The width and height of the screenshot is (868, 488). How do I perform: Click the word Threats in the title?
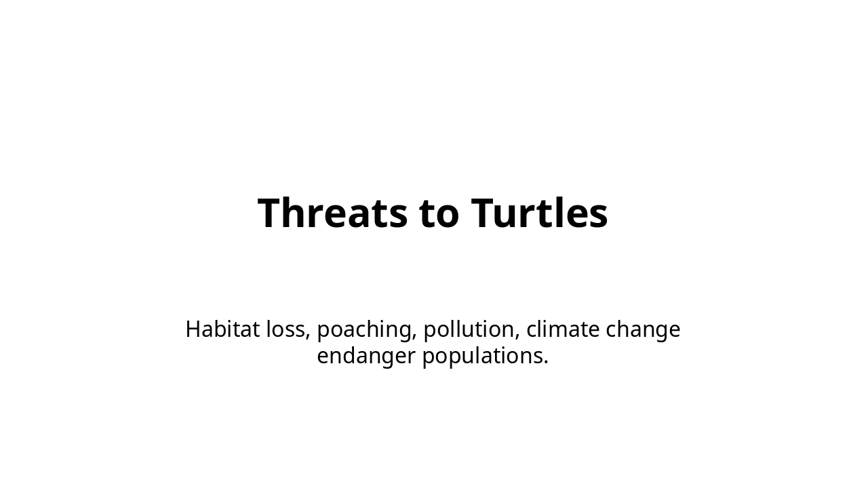point(332,213)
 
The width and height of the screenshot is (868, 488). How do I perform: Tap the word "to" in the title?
point(439,215)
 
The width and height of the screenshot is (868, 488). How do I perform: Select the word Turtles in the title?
point(539,213)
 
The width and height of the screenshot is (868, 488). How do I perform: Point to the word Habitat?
point(222,329)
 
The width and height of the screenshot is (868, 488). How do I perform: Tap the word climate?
point(563,329)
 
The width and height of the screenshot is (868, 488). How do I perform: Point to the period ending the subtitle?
point(546,363)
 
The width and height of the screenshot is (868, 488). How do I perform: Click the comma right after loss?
point(308,338)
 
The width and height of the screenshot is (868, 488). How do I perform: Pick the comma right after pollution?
point(517,338)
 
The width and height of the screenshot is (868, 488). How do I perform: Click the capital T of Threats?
point(271,213)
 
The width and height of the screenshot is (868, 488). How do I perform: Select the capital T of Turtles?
point(484,213)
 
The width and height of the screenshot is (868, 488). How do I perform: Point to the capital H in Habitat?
point(194,329)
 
